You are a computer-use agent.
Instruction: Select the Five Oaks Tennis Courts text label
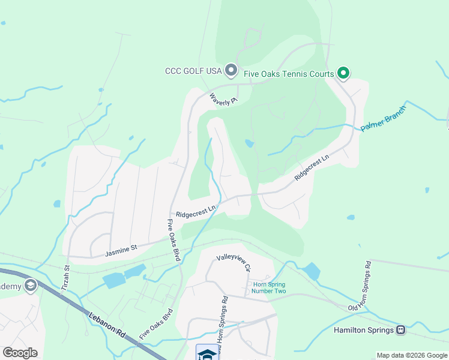coord(288,74)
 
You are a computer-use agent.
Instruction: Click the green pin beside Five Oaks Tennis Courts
coord(343,74)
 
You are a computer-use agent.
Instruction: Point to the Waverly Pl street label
coord(223,98)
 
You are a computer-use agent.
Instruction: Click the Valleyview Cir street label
coord(233,261)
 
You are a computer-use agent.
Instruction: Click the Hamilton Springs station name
coord(363,330)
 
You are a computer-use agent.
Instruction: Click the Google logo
coord(20,352)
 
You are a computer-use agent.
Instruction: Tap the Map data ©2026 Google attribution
coord(412,355)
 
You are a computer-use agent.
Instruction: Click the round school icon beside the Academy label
coord(30,286)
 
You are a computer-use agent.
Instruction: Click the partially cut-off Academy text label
coord(10,286)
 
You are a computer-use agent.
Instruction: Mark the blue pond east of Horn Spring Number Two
coord(312,271)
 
